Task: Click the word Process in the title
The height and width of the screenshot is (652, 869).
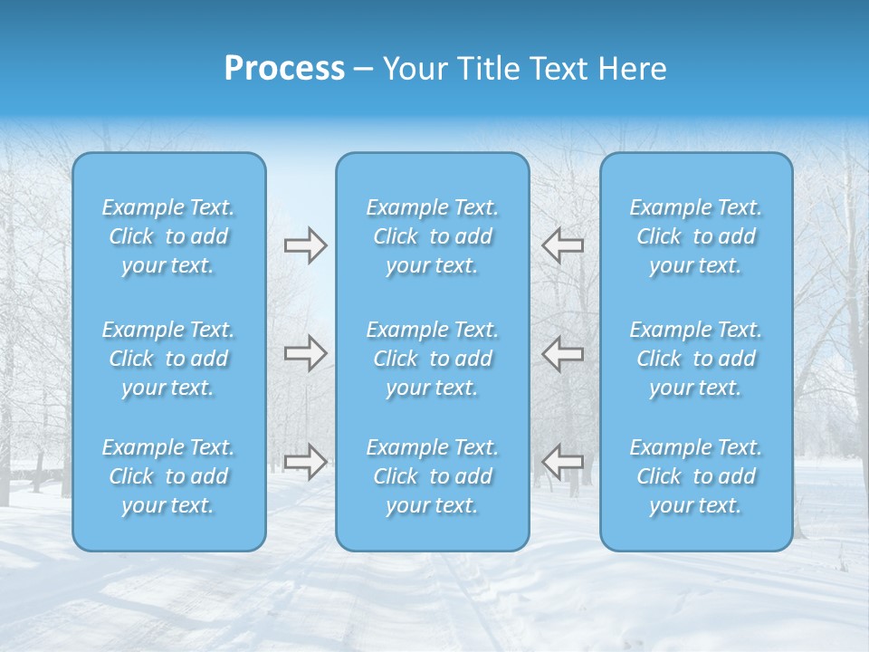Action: (x=284, y=69)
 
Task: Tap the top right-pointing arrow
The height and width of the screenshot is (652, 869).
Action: (x=305, y=245)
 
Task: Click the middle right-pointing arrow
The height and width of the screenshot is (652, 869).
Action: (x=305, y=352)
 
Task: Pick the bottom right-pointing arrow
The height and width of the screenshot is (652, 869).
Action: (x=305, y=461)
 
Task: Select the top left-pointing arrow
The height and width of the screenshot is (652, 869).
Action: (x=562, y=245)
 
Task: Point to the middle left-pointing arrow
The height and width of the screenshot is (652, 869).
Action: (x=562, y=352)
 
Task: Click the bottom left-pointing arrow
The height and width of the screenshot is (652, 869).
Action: (x=562, y=461)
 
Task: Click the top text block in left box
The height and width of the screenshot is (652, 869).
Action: (x=168, y=236)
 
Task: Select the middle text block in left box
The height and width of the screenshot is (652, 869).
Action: (x=168, y=359)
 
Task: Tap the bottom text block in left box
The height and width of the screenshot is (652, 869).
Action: (x=168, y=476)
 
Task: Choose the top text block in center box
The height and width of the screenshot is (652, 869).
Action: (x=433, y=236)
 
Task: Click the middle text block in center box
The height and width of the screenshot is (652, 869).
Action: (x=433, y=359)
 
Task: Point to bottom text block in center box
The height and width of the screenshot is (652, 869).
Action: (x=433, y=476)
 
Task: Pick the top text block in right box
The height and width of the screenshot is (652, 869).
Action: (x=696, y=236)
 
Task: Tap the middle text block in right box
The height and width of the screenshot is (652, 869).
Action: (x=696, y=359)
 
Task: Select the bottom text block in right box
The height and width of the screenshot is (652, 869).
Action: (x=696, y=476)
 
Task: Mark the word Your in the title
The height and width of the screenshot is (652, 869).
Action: (x=412, y=69)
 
